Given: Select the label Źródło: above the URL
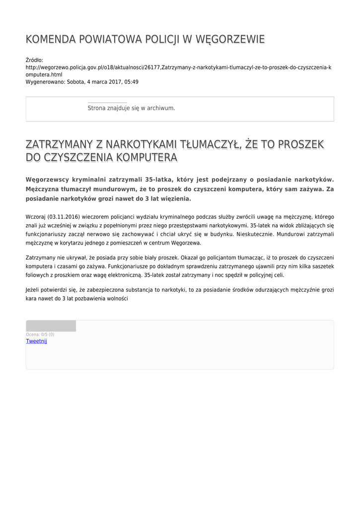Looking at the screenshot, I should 35,60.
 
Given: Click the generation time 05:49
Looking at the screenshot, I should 132,82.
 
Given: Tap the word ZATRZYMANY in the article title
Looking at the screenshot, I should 59,144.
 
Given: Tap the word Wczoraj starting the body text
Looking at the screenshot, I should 35,217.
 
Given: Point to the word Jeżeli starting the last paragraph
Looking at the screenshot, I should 34,290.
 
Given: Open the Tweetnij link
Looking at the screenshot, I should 36,341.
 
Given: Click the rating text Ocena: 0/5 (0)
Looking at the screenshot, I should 40,335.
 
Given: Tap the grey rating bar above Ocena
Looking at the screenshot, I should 51,326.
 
